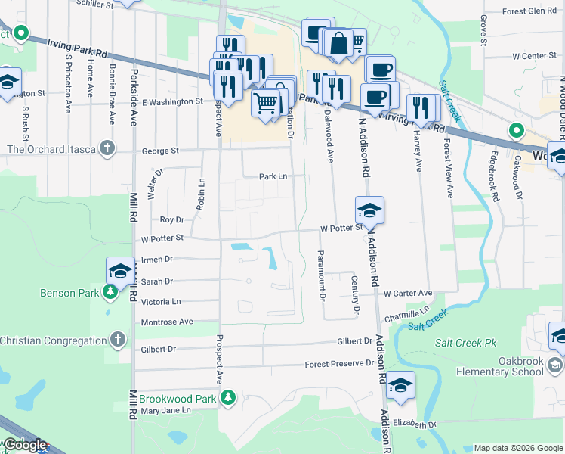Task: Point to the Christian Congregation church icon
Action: pos(117,340)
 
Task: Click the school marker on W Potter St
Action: pos(369,210)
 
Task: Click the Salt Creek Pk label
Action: pos(465,343)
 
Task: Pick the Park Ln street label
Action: pos(273,176)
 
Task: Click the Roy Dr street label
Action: pos(172,219)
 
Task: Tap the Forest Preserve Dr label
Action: pos(339,364)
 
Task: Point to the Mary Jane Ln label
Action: pos(166,411)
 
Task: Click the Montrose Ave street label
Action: pos(167,322)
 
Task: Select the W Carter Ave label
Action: pos(407,293)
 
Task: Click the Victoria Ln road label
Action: pos(162,301)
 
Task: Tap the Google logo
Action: pos(24,445)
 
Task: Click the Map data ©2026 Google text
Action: pos(517,448)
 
